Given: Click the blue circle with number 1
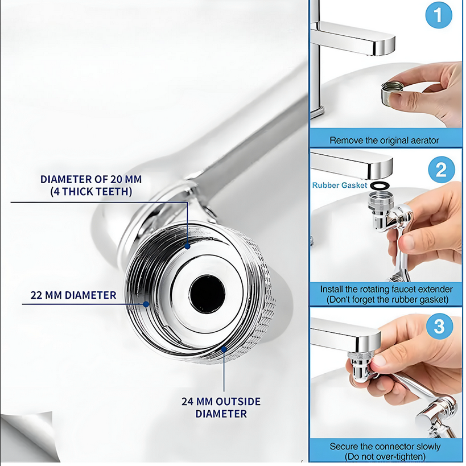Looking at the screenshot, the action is click(x=439, y=15).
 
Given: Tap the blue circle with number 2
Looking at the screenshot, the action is click(x=442, y=170).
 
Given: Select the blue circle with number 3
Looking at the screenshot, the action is click(x=440, y=326).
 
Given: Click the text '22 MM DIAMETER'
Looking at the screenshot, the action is click(x=73, y=295).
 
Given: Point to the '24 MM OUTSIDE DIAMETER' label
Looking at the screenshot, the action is click(x=221, y=407).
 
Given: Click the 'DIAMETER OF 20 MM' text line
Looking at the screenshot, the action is click(x=91, y=179).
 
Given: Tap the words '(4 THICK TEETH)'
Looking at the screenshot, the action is click(x=91, y=191).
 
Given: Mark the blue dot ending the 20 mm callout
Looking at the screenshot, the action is click(x=187, y=246).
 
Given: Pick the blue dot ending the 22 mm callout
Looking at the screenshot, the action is click(x=146, y=304).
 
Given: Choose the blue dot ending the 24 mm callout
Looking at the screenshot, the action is click(x=224, y=349).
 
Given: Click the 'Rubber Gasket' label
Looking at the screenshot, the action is click(x=340, y=185).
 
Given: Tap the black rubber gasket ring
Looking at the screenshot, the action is click(x=379, y=185).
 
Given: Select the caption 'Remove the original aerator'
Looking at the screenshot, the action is click(x=384, y=141).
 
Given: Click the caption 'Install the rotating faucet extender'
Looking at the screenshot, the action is click(x=386, y=289).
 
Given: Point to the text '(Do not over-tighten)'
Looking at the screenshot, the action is click(x=385, y=456).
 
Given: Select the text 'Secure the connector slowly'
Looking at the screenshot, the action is click(x=385, y=446).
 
